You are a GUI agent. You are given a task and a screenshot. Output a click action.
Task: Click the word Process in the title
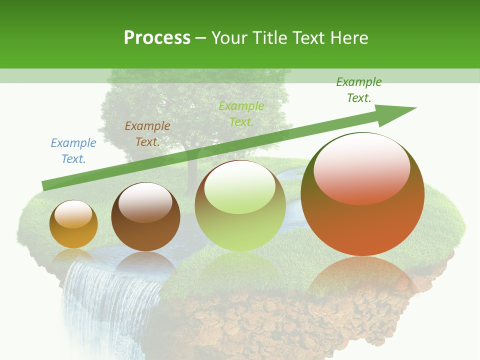coord(157,38)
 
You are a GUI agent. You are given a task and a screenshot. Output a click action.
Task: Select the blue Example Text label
coord(73,151)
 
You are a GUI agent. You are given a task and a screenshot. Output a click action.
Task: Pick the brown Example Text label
coord(147,134)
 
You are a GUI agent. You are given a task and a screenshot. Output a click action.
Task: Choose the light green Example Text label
coord(241,114)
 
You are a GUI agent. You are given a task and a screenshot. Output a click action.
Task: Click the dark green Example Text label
coord(359,90)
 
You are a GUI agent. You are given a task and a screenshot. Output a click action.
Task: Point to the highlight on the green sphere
coord(240,186)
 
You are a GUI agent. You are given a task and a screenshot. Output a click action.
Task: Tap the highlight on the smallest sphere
coord(73,213)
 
